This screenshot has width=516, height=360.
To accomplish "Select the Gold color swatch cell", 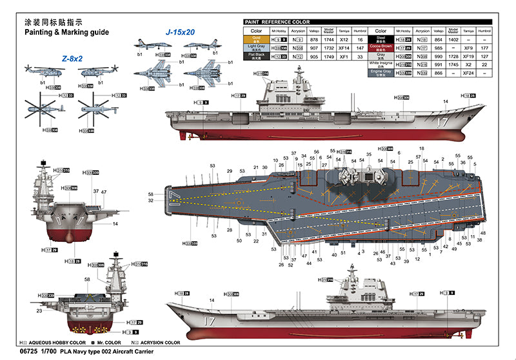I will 256,39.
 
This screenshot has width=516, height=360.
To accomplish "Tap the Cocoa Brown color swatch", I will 381,48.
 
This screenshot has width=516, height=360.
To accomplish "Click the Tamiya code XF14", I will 344,48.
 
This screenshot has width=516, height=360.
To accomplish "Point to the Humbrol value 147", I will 360,48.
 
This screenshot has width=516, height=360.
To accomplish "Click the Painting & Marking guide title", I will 66,32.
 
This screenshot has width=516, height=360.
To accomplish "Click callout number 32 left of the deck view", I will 151,201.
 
